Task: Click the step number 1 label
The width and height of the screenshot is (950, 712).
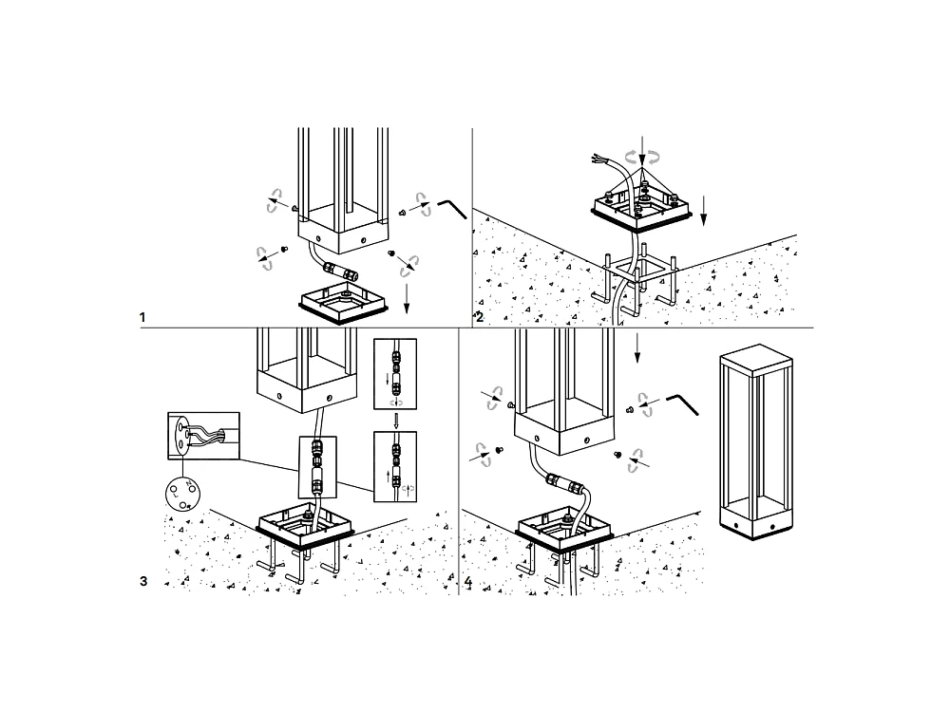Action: [x=142, y=317]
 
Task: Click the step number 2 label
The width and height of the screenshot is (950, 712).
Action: [x=480, y=317]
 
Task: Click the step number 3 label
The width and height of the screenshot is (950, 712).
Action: [x=143, y=581]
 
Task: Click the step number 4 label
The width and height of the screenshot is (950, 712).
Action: [x=467, y=581]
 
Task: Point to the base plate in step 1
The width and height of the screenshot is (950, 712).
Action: [x=344, y=306]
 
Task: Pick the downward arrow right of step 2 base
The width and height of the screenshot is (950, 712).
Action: [x=703, y=211]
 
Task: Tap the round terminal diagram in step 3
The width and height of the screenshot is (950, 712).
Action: [x=181, y=492]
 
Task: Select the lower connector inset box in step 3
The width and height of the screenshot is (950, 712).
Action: [x=396, y=467]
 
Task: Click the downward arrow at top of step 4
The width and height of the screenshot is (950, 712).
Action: [x=636, y=348]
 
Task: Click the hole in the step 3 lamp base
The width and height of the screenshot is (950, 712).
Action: [x=280, y=393]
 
